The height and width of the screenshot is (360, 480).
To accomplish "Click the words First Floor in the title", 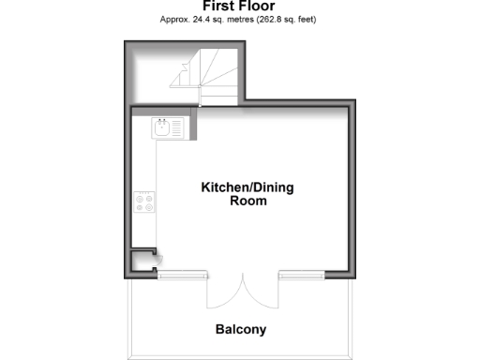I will [x=239, y=6].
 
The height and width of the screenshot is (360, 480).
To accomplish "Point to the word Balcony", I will [x=241, y=330].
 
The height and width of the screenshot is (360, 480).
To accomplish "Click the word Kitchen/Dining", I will [x=247, y=187].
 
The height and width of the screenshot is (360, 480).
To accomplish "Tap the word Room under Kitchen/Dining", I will [x=248, y=201].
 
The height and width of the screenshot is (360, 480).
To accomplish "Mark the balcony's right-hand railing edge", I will [x=352, y=319].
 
